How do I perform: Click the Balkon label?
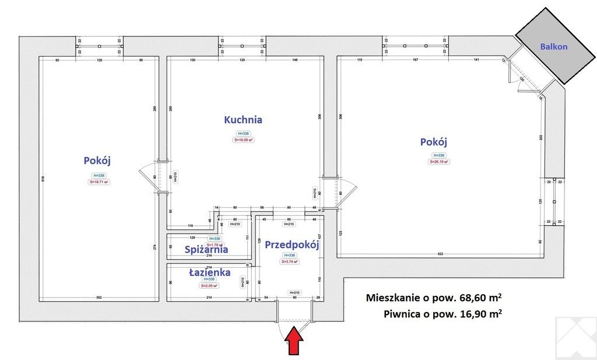coord(553,47)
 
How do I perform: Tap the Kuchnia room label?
coord(243,120)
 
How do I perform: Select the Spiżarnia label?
coord(206,250)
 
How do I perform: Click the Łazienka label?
coord(209,272)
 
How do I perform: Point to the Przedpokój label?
coord(292,245)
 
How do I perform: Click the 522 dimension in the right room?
coord(441,253)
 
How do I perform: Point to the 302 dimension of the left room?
coord(99,298)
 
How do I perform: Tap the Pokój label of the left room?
coord(97,160)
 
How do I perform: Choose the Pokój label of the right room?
coord(433,142)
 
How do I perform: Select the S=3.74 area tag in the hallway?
coord(290,262)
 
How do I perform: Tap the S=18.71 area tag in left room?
coord(99,182)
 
